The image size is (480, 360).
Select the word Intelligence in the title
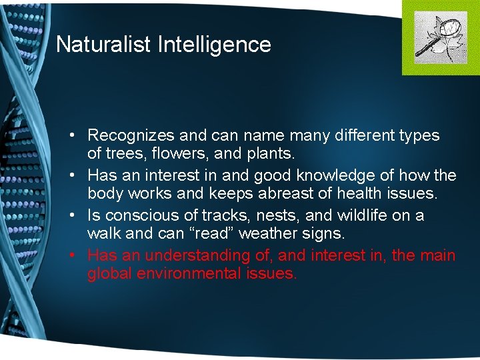coord(215,45)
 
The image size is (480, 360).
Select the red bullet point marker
coord(79,255)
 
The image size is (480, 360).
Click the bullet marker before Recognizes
coord(79,136)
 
